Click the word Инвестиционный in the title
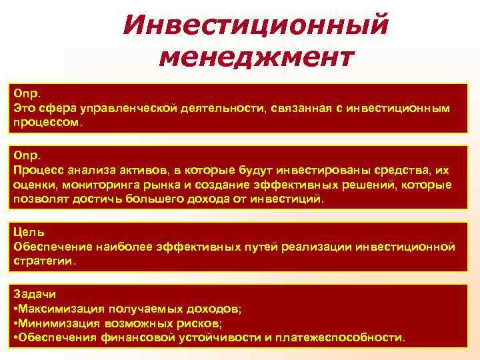[255, 25]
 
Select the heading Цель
[29, 232]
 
